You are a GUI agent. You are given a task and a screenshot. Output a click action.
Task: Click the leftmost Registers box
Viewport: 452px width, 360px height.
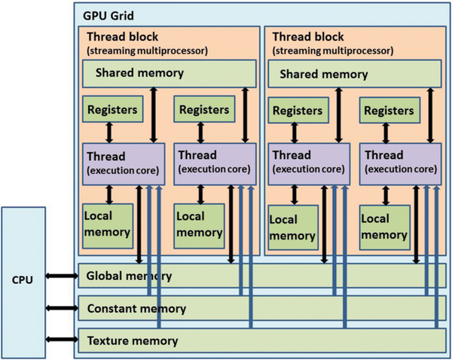point(112,110)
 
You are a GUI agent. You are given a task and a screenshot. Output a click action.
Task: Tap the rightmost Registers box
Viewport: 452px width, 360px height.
point(391,111)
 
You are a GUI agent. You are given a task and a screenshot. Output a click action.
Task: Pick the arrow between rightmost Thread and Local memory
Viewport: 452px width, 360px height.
point(386,192)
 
